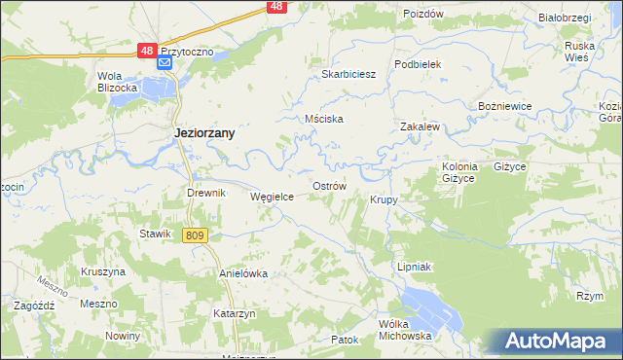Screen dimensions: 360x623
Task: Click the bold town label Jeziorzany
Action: (203, 133)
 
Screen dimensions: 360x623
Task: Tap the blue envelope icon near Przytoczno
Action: (165, 63)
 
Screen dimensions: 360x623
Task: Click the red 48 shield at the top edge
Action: (276, 7)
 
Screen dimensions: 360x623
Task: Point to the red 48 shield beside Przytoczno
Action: (145, 50)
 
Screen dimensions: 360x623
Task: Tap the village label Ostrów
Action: (328, 185)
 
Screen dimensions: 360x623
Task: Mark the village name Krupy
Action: (384, 199)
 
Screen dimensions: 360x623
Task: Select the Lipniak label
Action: (414, 266)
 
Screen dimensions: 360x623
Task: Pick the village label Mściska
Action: (324, 119)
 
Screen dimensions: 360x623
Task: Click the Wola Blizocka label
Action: (115, 82)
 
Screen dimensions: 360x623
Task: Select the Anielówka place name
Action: (243, 273)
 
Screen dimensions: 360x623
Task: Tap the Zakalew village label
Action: (421, 126)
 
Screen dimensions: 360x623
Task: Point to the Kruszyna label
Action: (104, 271)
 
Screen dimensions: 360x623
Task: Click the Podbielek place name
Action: (419, 63)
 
